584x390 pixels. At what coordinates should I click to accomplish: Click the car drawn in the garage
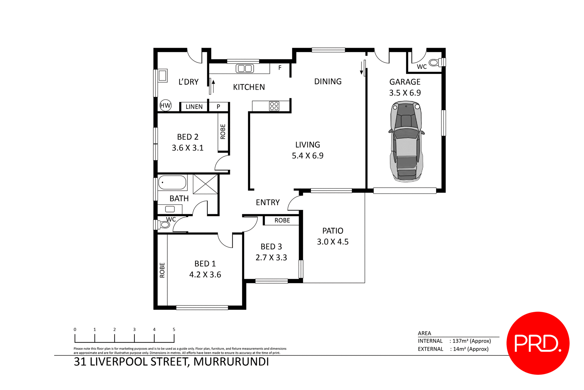click(406, 142)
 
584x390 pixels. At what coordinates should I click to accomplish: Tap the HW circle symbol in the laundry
click(165, 106)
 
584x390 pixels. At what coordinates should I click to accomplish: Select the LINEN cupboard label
click(194, 107)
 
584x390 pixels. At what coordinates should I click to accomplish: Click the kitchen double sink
click(245, 68)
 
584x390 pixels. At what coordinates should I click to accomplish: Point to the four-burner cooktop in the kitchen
click(274, 106)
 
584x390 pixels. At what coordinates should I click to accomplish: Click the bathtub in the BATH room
click(172, 183)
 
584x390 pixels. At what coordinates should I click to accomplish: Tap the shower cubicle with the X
click(205, 184)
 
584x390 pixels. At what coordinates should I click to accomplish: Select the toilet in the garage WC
click(436, 63)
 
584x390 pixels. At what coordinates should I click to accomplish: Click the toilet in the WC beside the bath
click(163, 225)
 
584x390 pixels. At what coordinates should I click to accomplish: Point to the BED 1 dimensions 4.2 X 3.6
click(205, 275)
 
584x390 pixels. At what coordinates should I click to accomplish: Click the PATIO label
click(333, 231)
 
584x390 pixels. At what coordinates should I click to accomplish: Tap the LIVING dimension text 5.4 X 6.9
click(308, 156)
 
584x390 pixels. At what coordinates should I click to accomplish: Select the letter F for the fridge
click(280, 68)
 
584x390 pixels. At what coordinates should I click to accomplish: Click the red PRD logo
click(538, 343)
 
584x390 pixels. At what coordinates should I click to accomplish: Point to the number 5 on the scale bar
click(174, 329)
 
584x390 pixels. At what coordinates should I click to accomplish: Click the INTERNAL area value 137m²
click(471, 341)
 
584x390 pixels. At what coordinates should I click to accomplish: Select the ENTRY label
click(268, 203)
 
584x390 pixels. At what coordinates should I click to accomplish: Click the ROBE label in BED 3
click(282, 221)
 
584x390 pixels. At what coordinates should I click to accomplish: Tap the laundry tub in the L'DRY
click(162, 75)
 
